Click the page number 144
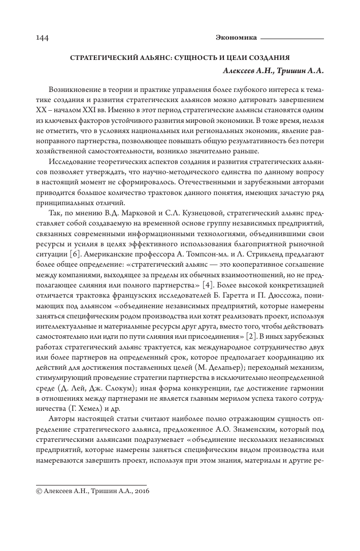pyautogui.click(x=43, y=38)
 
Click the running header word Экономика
pyautogui.click(x=236, y=38)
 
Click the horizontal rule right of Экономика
pyautogui.click(x=292, y=38)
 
